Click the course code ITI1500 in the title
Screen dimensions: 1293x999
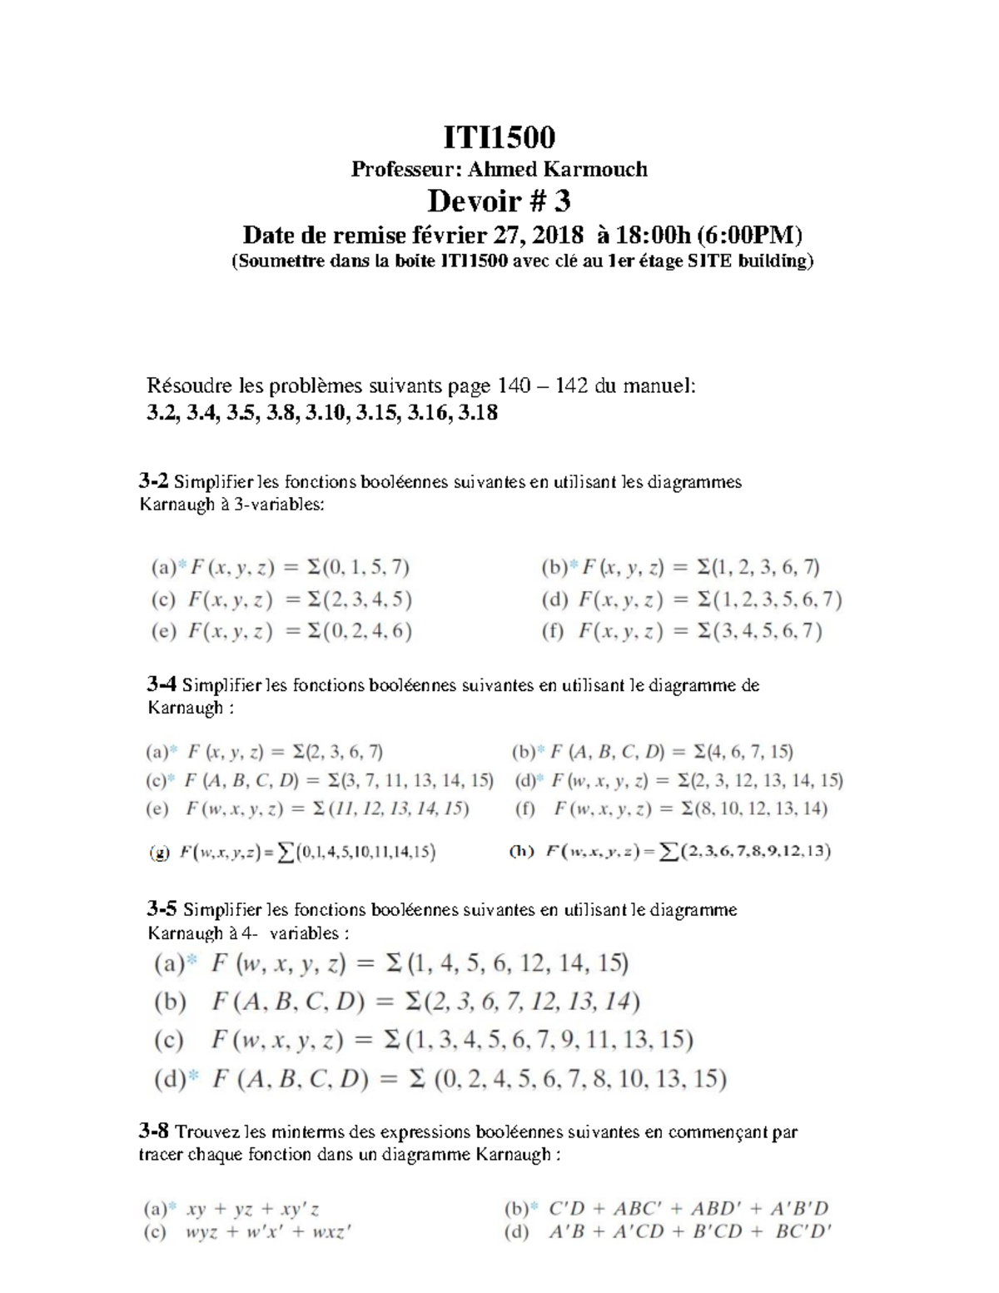tap(499, 137)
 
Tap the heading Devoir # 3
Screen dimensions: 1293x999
tap(499, 201)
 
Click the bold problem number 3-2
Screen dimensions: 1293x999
tap(154, 481)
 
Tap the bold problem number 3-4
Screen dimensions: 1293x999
tap(162, 685)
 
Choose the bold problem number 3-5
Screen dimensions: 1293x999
tap(162, 909)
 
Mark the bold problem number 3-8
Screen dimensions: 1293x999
tap(154, 1131)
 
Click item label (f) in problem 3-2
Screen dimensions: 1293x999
tap(553, 631)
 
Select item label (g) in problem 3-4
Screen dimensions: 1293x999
tap(160, 852)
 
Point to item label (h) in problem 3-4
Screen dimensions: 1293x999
tap(522, 851)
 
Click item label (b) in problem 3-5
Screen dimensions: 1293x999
tap(170, 1002)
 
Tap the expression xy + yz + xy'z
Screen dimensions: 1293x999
tap(253, 1209)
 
